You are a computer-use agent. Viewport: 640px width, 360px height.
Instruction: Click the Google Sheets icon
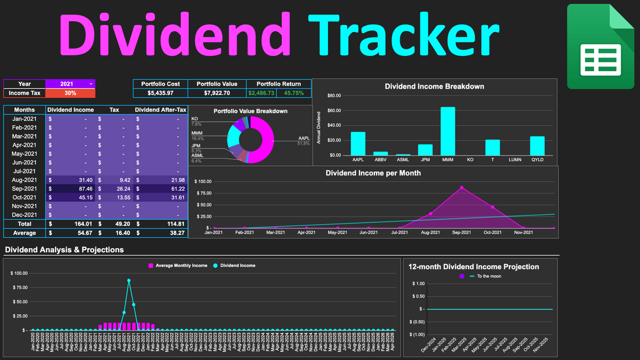600,46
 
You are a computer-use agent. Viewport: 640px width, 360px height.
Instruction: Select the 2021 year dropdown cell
70,84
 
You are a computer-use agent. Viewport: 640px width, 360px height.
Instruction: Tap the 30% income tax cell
70,93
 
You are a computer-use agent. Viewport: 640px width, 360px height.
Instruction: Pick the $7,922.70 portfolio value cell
217,93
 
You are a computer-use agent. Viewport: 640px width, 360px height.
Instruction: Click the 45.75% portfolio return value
294,93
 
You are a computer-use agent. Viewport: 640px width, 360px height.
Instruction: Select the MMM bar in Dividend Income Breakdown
448,131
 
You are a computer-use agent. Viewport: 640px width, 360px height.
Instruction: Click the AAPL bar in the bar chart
358,143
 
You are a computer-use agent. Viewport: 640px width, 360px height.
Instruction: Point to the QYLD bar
537,146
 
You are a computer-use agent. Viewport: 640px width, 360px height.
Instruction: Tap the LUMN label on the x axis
515,160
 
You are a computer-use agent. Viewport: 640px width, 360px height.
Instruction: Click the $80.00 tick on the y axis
334,96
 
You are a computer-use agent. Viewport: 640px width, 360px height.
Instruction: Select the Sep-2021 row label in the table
24,189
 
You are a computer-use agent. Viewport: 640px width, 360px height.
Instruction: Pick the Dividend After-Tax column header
160,110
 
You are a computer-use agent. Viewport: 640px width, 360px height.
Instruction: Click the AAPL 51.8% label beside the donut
303,141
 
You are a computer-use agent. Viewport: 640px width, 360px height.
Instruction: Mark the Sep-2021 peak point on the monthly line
462,188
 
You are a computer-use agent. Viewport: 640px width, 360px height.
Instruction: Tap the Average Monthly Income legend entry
178,266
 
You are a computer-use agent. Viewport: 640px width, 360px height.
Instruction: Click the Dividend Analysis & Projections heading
64,250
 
